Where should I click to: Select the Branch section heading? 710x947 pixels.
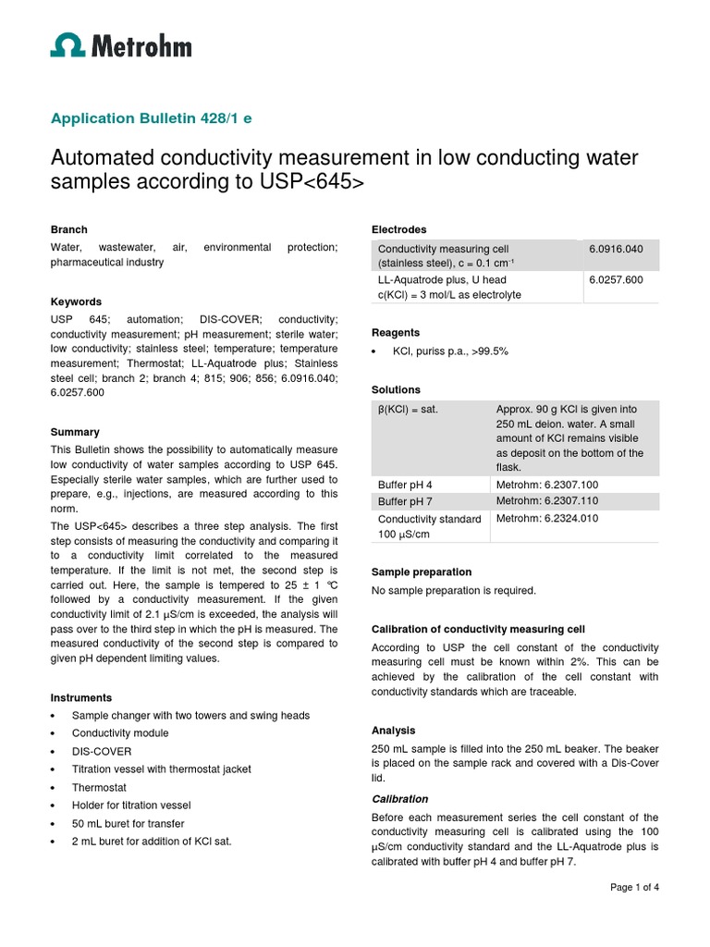pos(68,229)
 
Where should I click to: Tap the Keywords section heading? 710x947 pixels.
pos(76,301)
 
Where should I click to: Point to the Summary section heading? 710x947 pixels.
pos(75,432)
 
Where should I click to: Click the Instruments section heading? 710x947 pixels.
pos(81,697)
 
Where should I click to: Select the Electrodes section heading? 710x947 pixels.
pos(398,229)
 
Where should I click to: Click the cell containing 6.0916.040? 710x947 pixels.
pos(616,250)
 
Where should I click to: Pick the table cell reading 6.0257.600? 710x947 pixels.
pos(616,279)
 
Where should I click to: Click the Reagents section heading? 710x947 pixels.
pos(396,332)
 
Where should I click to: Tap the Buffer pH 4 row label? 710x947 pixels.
pos(405,485)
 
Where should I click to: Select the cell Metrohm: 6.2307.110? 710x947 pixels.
pos(546,500)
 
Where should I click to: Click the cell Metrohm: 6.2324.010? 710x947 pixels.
pos(546,519)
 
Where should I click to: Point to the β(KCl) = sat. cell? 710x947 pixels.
pos(408,409)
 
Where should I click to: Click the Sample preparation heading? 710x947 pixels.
pos(422,572)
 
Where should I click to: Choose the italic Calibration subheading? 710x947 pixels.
pos(399,798)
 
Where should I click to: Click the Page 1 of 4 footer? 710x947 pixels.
pos(634,888)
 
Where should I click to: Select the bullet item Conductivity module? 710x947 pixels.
pos(119,733)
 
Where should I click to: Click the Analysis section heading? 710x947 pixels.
pos(393,730)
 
